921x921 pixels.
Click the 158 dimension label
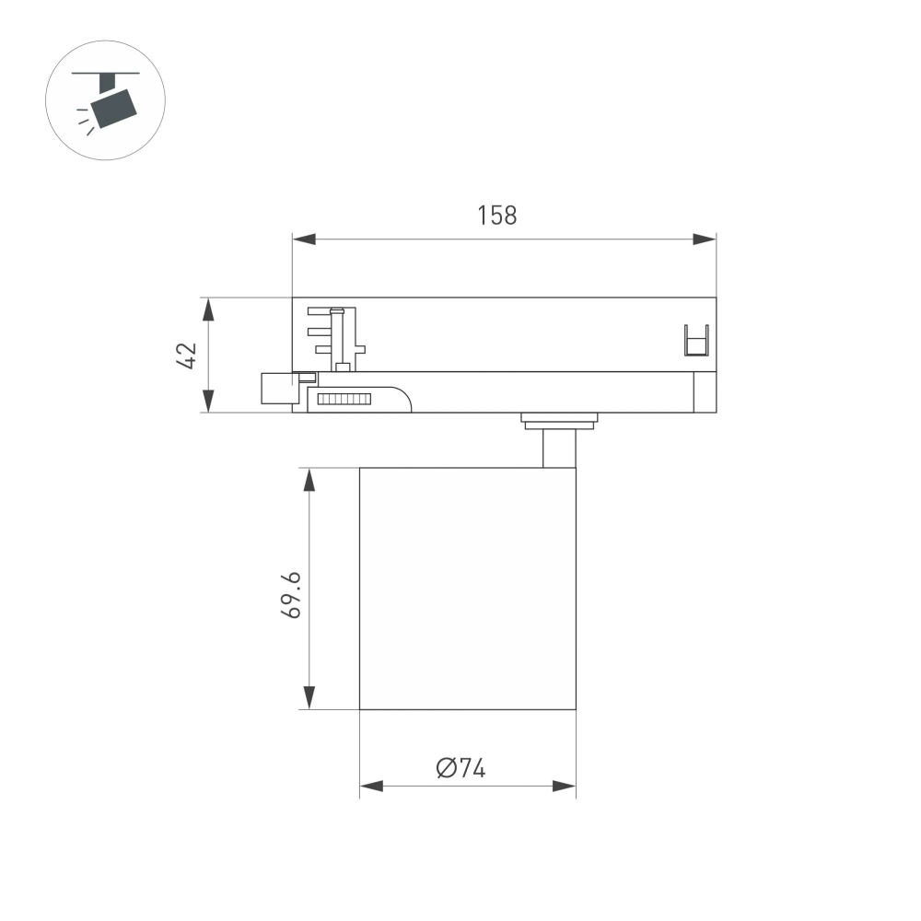click(497, 216)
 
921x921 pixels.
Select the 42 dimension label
click(187, 355)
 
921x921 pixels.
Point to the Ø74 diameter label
click(461, 768)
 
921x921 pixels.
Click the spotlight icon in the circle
click(105, 100)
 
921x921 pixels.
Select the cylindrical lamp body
click(467, 589)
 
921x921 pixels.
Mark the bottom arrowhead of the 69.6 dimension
click(310, 699)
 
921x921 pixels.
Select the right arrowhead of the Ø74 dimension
click(564, 787)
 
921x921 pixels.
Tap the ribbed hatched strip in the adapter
click(343, 399)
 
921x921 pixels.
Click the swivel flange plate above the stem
click(559, 420)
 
